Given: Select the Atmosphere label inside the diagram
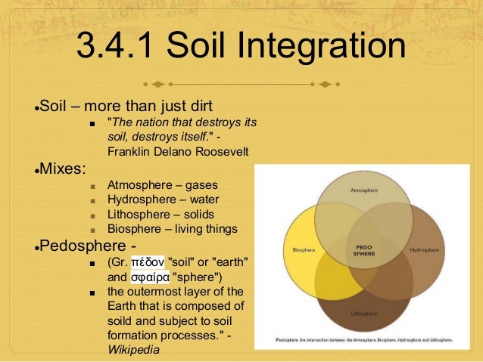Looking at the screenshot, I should click(x=363, y=190).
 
